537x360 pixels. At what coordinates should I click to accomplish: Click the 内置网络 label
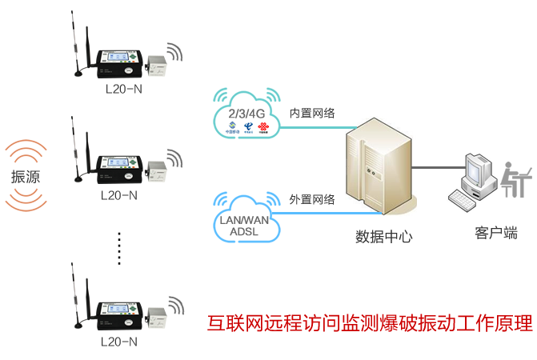[311, 114]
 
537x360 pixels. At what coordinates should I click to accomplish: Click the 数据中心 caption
[384, 238]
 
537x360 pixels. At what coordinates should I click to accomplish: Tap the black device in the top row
[119, 61]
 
